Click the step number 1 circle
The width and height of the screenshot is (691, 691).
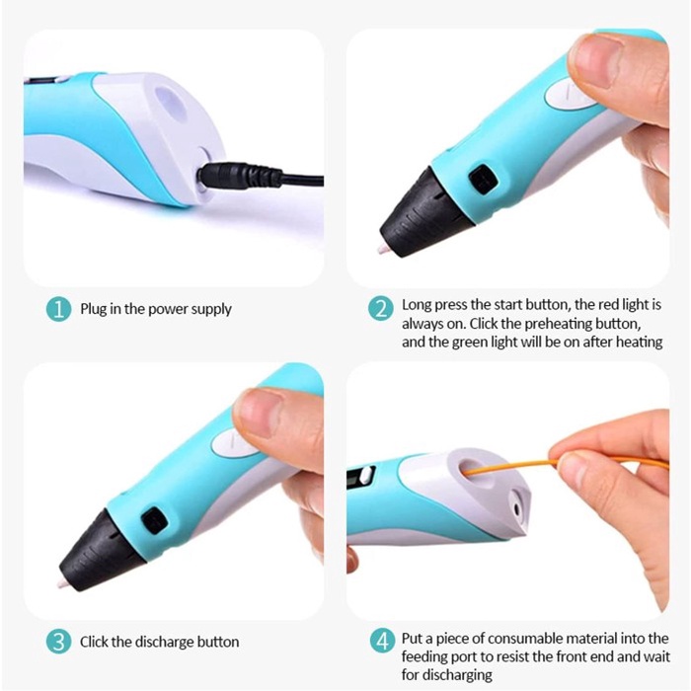coord(59,309)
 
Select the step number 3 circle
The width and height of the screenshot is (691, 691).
coord(59,642)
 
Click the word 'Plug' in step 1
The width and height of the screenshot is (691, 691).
coord(96,309)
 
